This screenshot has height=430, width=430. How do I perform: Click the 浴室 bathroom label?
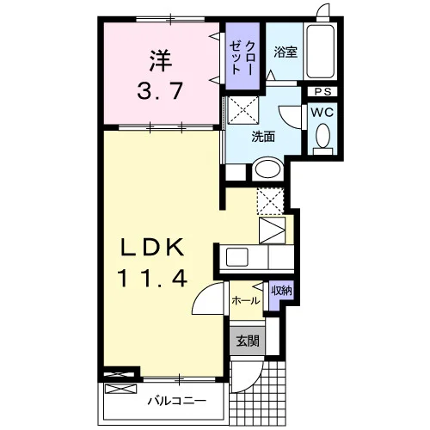[x=285, y=52]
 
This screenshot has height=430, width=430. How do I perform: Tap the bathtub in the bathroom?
[x=320, y=52]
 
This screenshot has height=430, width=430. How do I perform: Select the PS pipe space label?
[x=322, y=92]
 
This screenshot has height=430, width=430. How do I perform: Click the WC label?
[x=322, y=113]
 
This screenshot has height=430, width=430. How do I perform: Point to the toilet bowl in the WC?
[x=322, y=135]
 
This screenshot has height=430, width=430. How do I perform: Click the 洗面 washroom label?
[x=263, y=137]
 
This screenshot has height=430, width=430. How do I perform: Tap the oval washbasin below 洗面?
[x=267, y=169]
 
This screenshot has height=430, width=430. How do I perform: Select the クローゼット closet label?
[x=243, y=58]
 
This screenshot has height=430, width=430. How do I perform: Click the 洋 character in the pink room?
[x=160, y=61]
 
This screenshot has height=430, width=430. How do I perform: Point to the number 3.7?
[x=160, y=90]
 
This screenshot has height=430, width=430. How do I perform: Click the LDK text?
[x=152, y=248]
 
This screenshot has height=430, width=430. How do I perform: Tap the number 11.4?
[x=153, y=279]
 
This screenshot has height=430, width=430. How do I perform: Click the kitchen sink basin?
[x=237, y=257]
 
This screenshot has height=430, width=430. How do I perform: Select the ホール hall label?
[x=246, y=301]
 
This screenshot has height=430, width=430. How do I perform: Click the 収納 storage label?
[x=282, y=291]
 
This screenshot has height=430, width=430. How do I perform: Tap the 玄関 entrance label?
[x=248, y=341]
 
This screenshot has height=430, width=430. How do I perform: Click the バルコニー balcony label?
[x=177, y=401]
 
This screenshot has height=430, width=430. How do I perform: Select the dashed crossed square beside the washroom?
[x=243, y=111]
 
